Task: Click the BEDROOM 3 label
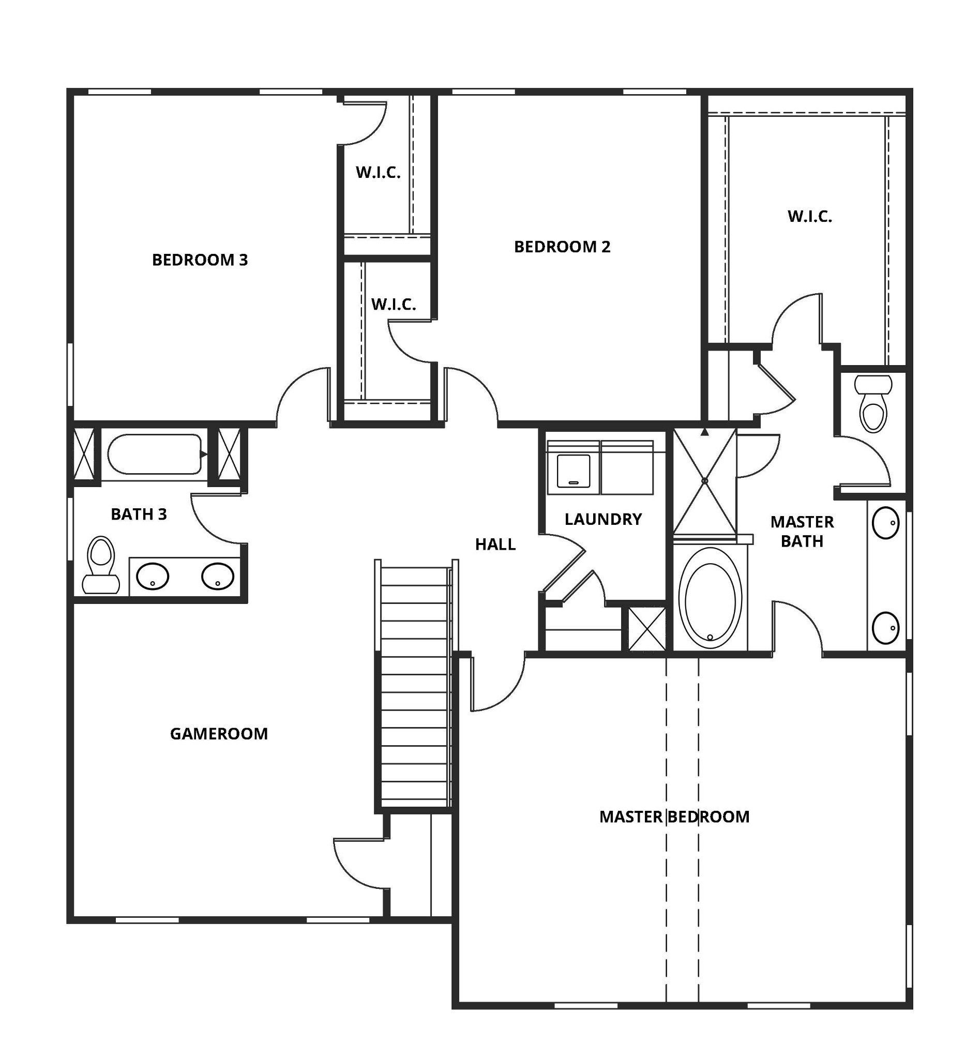[200, 260]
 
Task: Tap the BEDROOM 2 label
[562, 247]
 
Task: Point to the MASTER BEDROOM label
[674, 816]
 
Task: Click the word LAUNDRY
[603, 519]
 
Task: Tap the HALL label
[495, 544]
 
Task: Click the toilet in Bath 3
[101, 565]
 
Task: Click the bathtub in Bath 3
[154, 454]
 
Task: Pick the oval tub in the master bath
[710, 599]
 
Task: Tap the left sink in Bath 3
[152, 577]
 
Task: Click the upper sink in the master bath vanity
[885, 523]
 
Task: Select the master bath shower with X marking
[704, 480]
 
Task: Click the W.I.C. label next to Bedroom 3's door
[378, 172]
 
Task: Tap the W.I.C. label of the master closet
[809, 216]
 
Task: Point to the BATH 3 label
[139, 514]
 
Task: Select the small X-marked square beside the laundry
[646, 629]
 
